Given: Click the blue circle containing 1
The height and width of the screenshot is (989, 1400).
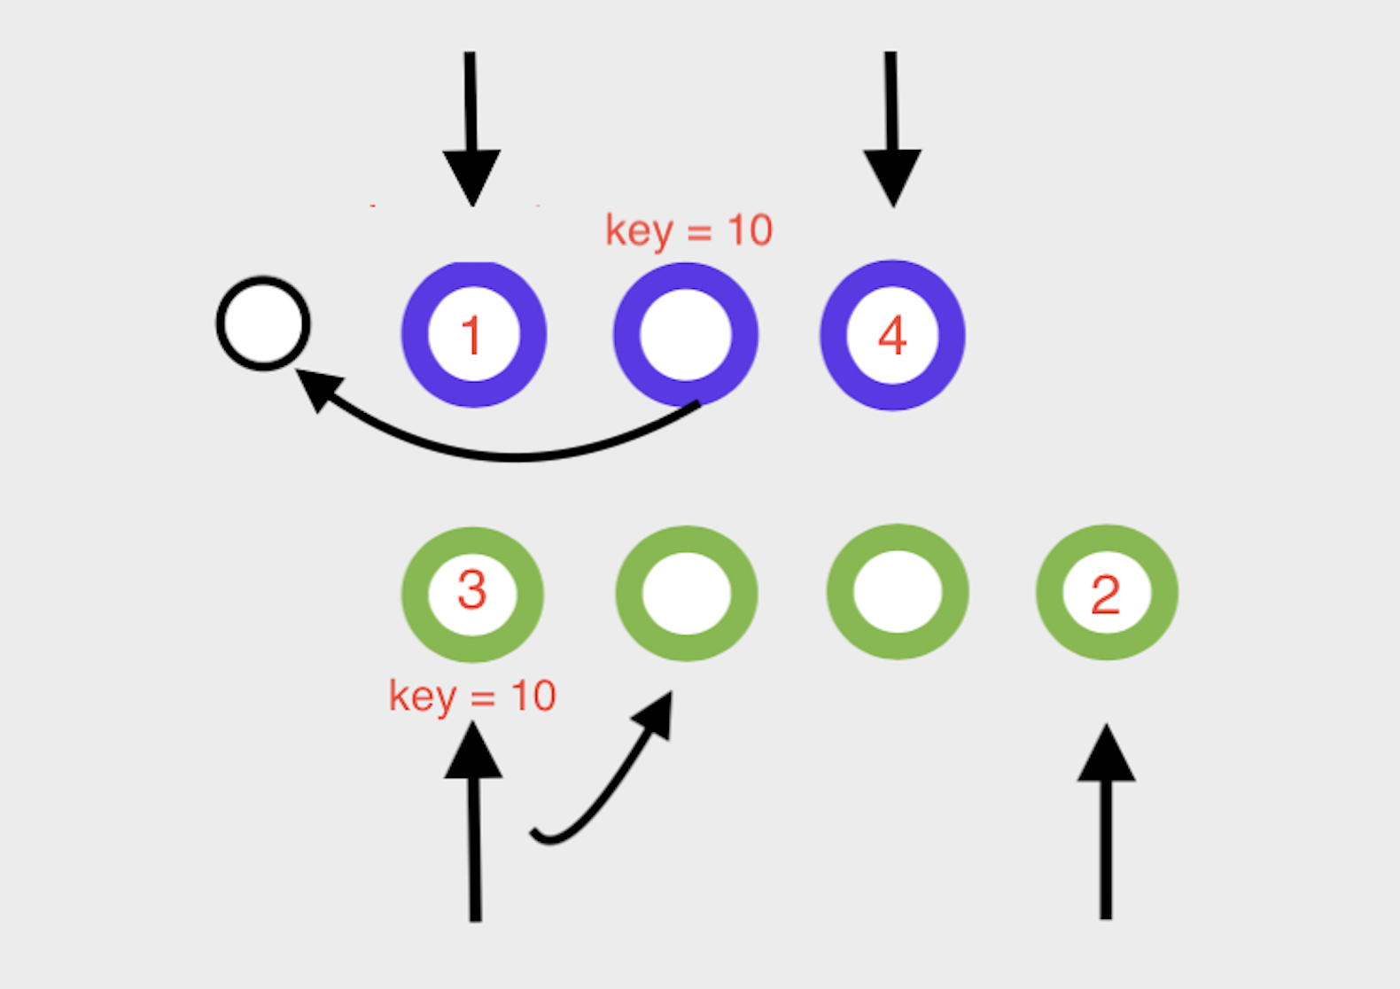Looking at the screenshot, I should pyautogui.click(x=473, y=335).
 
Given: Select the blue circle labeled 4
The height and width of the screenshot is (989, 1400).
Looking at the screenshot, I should pyautogui.click(x=892, y=335).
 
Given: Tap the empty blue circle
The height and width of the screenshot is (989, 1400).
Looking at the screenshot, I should pyautogui.click(x=685, y=335).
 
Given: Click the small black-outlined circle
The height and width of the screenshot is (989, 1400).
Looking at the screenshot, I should pyautogui.click(x=263, y=323).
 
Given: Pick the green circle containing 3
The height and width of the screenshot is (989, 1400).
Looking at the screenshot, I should pyautogui.click(x=472, y=592).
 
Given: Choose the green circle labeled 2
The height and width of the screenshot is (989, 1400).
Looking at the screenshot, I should pyautogui.click(x=1106, y=592).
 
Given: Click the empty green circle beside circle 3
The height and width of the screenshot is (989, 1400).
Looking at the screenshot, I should pyautogui.click(x=686, y=592).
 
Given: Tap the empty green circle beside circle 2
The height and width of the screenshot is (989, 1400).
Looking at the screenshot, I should pyautogui.click(x=897, y=591).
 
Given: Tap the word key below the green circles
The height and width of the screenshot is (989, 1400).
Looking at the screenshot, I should pyautogui.click(x=423, y=697).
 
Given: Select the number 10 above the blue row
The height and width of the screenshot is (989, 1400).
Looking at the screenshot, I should pyautogui.click(x=750, y=230).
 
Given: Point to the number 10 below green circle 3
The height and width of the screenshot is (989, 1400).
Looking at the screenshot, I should pyautogui.click(x=533, y=697).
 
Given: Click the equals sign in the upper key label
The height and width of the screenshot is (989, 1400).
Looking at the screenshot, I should pyautogui.click(x=699, y=233).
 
